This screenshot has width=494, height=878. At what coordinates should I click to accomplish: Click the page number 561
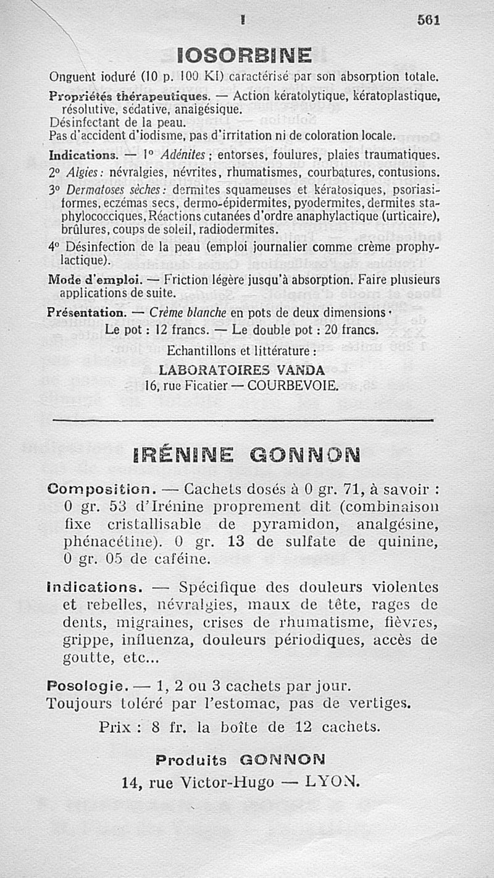[x=428, y=20]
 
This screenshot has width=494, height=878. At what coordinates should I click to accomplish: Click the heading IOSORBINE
[x=244, y=57]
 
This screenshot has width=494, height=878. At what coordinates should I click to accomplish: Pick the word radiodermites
[x=237, y=229]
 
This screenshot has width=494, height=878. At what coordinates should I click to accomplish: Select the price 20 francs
[x=351, y=331]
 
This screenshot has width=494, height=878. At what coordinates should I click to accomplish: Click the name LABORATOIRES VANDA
[x=241, y=371]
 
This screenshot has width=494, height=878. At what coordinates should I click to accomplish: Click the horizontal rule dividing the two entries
[x=244, y=421]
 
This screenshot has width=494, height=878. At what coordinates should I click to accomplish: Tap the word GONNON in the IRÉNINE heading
[x=305, y=457]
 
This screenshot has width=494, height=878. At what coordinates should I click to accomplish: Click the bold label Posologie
[x=87, y=686]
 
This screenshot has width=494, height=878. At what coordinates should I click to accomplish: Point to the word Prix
[x=118, y=727]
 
